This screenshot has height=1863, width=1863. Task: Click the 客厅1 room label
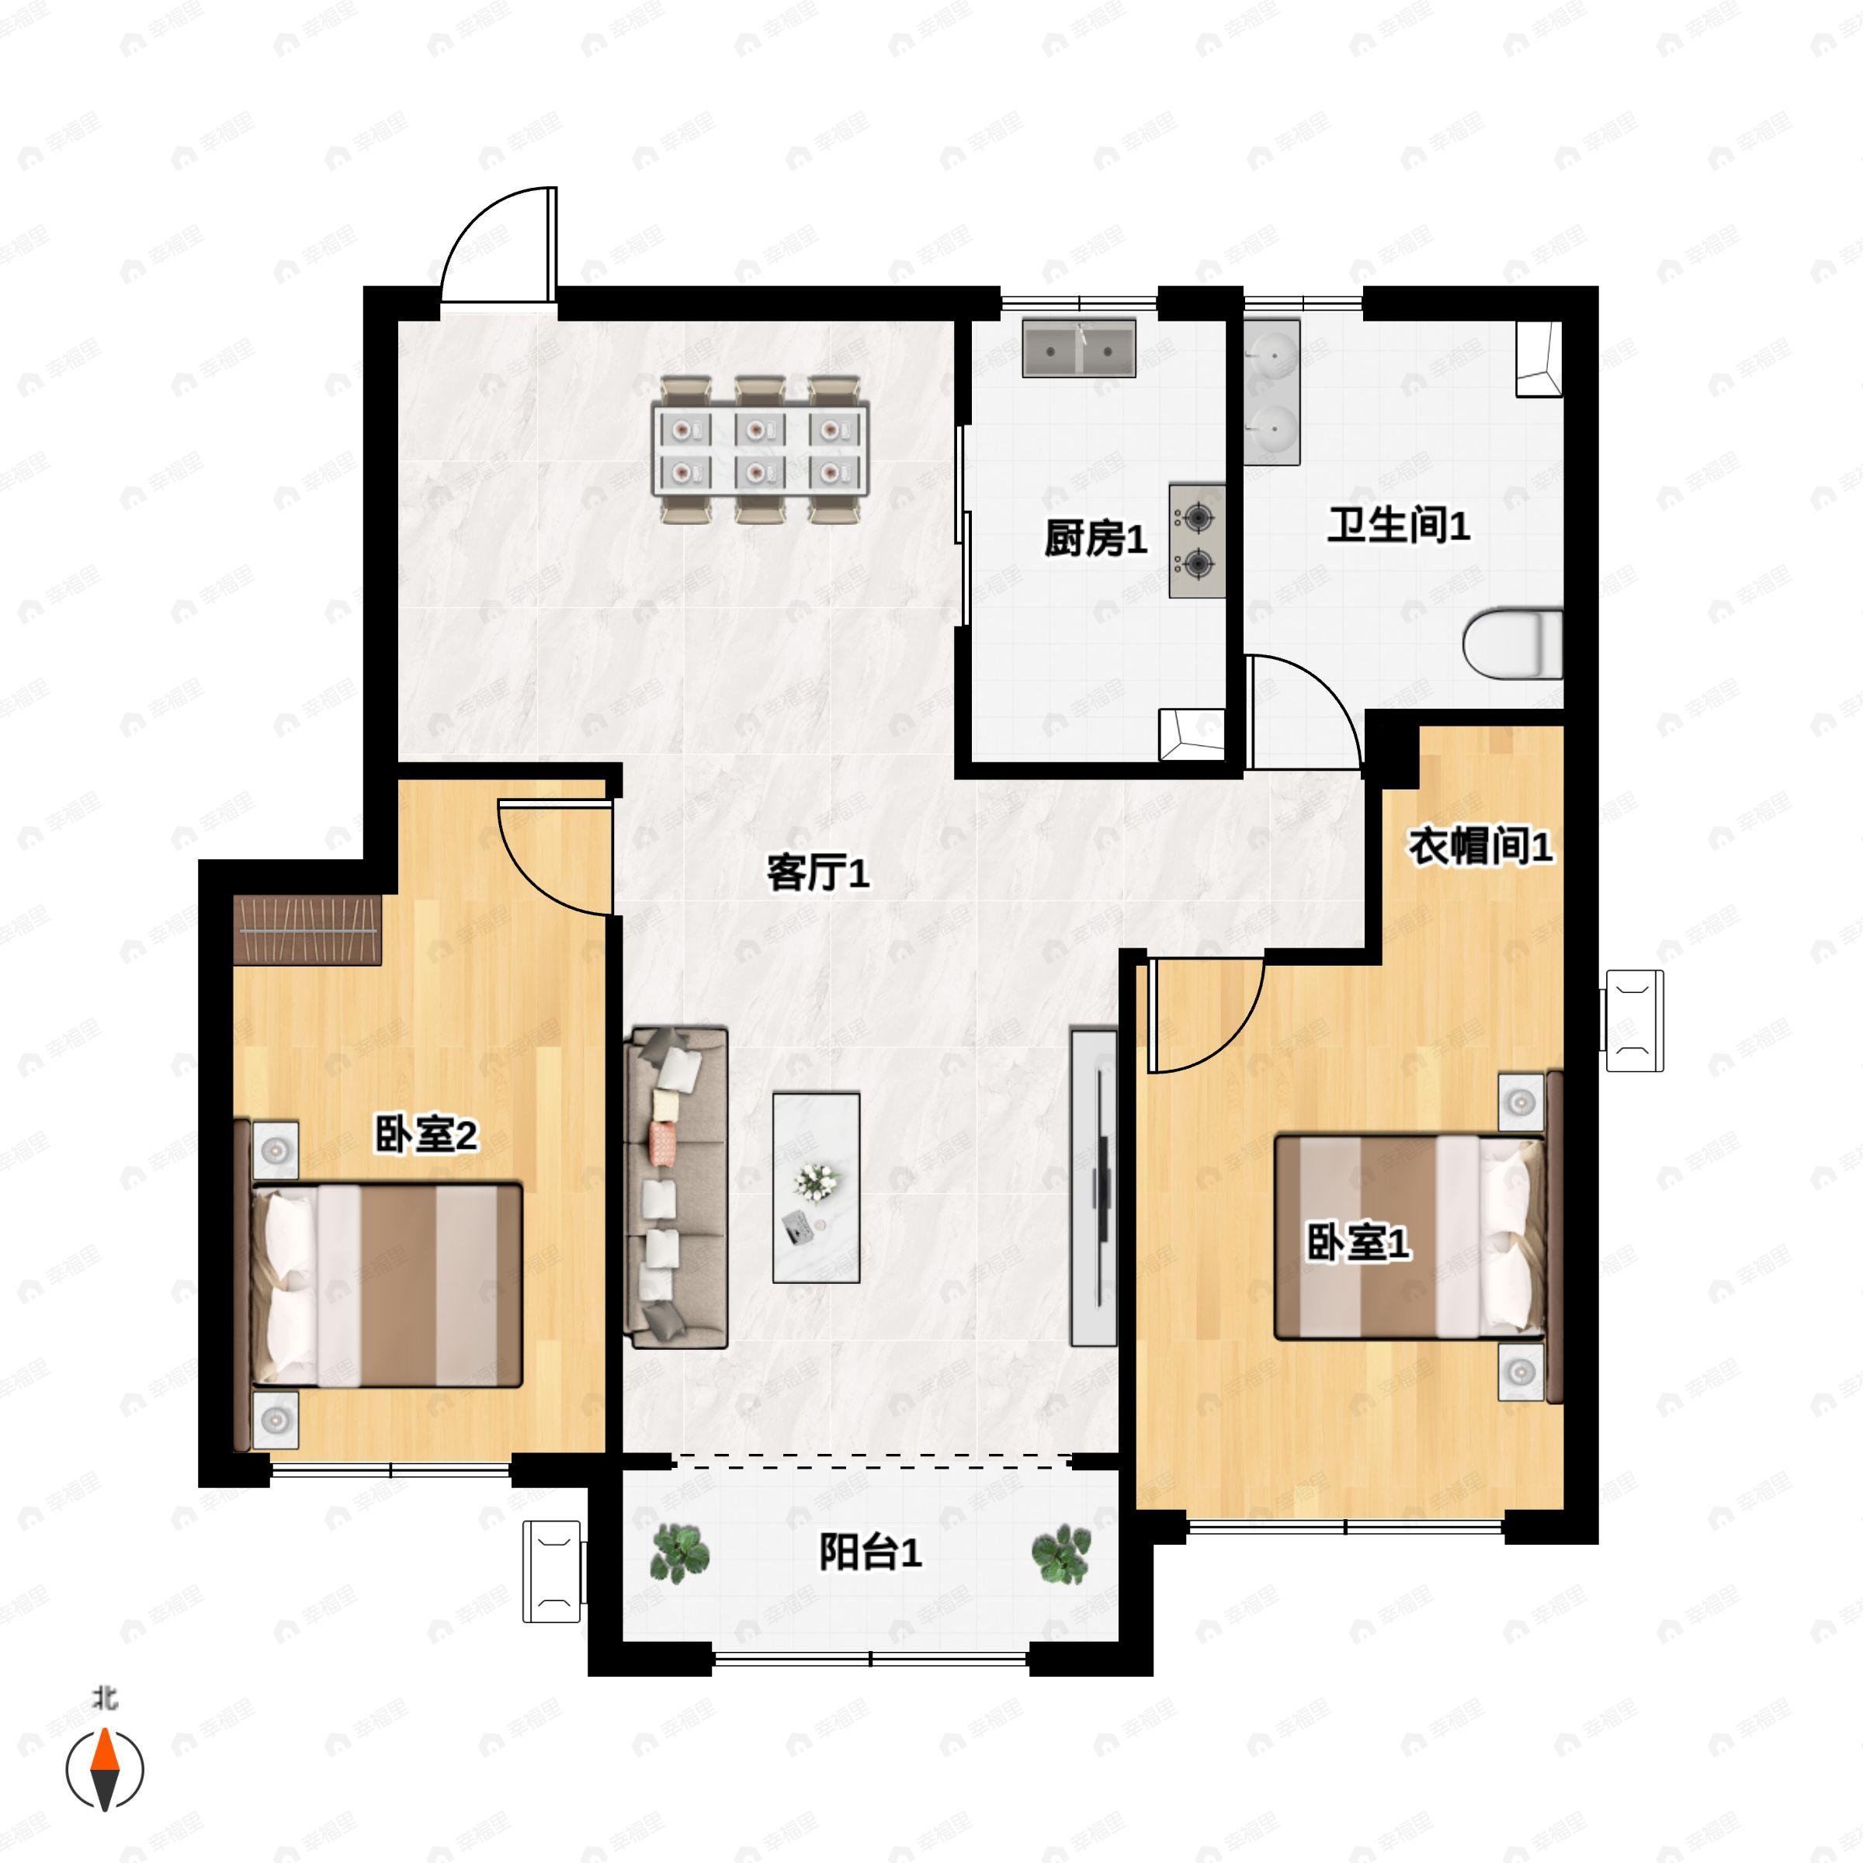pos(817,873)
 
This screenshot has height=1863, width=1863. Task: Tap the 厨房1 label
pos(1095,538)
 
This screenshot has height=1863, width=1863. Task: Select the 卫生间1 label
pos(1398,526)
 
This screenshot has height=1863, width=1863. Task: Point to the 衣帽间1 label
pos(1480,847)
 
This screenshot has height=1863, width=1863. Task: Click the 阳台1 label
pos(871,1552)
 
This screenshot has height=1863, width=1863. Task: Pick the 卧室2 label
pos(425,1136)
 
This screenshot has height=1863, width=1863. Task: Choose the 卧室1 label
pos(1358,1243)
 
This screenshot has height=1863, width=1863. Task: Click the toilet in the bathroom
pos(1513,642)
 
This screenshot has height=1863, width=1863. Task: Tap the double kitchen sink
pos(1079,348)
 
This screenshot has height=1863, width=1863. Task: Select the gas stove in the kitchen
pos(1198,541)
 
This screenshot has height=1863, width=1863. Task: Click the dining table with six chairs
pos(761,450)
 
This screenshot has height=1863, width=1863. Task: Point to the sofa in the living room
pos(676,1187)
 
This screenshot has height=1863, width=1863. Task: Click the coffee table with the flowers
pos(816,1187)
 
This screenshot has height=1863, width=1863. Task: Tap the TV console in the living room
pos(1095,1188)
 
